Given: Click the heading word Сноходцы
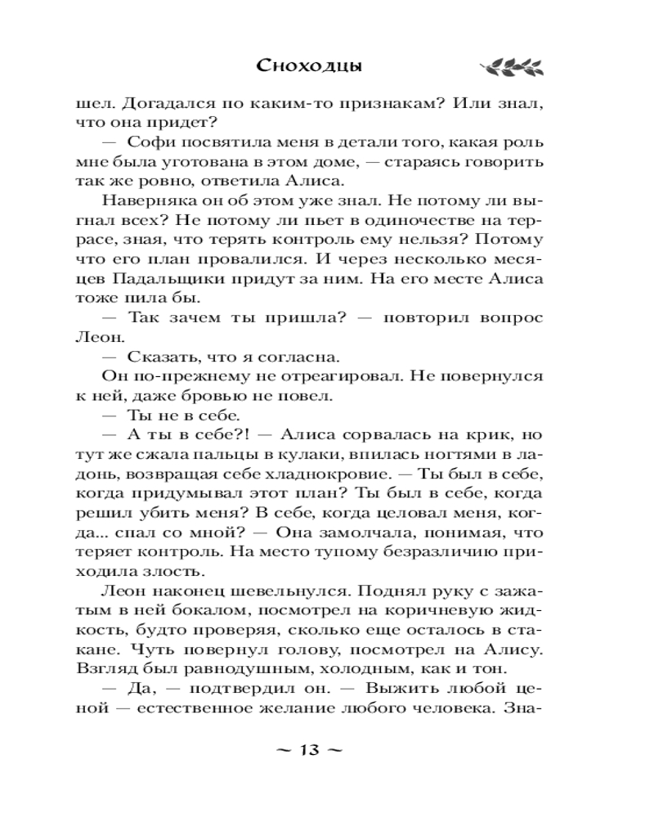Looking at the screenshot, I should tap(310, 65).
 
